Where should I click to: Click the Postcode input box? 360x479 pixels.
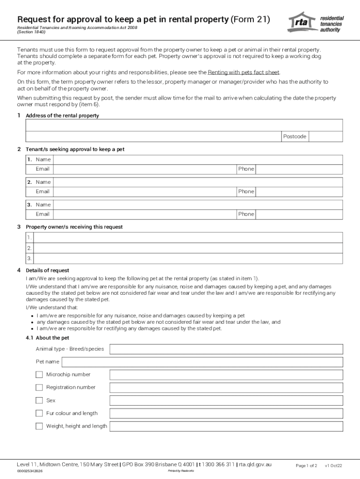[x=326, y=136]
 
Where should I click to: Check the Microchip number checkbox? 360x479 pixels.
[x=39, y=375]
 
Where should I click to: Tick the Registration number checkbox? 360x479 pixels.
[x=39, y=387]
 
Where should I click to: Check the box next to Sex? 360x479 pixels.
[x=39, y=400]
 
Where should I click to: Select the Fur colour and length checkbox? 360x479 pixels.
[x=39, y=413]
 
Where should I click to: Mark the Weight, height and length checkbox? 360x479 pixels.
[x=39, y=426]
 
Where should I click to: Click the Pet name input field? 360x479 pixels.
[x=202, y=362]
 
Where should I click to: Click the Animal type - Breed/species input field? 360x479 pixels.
[x=226, y=349]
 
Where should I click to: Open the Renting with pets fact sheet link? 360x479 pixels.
[x=244, y=73]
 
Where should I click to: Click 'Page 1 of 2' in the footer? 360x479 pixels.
[x=306, y=465]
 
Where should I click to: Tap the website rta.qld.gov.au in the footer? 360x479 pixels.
[x=255, y=464]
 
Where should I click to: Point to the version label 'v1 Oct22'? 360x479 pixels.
[x=333, y=465]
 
